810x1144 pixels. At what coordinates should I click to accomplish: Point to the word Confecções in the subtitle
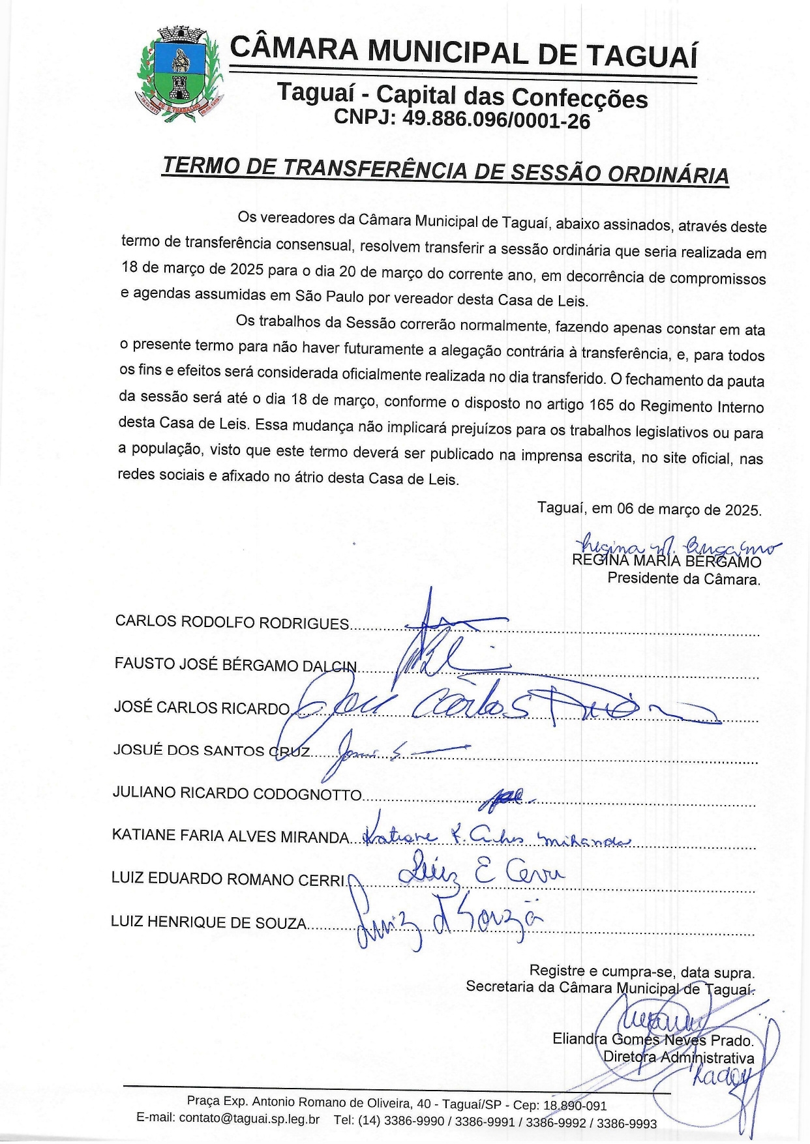pos(579,98)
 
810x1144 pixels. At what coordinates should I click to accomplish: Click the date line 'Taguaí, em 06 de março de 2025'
pos(649,509)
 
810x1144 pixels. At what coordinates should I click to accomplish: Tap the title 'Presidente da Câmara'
pos(683,579)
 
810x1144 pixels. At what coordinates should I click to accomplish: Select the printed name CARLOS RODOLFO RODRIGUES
pos(232,622)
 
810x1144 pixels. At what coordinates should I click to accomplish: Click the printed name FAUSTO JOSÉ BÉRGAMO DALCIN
pos(235,665)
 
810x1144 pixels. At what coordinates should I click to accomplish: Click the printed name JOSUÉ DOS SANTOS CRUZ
pos(211,750)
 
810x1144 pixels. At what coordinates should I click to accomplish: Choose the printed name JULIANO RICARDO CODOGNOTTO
pos(237,793)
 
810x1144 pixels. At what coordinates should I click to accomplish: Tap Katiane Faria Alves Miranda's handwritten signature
pos(496,838)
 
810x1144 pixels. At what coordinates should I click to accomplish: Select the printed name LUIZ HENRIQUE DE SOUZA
pos(209,922)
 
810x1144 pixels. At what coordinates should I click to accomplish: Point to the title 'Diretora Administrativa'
pos(678,1057)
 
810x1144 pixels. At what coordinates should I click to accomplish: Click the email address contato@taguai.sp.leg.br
pos(249,1119)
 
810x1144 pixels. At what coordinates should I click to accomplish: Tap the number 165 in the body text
pos(601,405)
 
